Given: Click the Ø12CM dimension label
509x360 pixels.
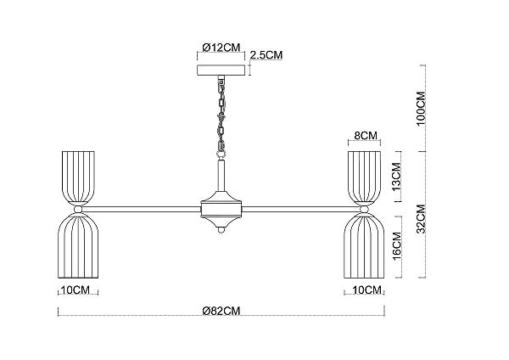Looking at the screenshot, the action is click(x=221, y=48).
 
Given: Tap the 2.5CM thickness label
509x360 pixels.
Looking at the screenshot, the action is click(x=266, y=55).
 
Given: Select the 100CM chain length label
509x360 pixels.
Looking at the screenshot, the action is click(x=421, y=108).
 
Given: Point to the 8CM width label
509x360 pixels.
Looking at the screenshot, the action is click(x=366, y=136).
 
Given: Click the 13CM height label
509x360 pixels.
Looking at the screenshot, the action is click(x=397, y=177).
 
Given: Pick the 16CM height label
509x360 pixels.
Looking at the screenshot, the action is click(x=397, y=246).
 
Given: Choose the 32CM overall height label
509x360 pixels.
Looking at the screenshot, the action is click(x=421, y=219).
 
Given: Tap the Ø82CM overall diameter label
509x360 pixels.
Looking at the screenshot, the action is click(x=221, y=311).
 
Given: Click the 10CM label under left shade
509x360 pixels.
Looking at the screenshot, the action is click(x=75, y=290).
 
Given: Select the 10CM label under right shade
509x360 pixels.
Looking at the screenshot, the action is click(x=366, y=290).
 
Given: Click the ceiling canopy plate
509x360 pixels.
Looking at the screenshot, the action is click(x=221, y=70).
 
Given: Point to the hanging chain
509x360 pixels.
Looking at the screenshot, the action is click(x=221, y=114).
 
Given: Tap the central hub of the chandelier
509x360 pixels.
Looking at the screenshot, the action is click(x=221, y=209).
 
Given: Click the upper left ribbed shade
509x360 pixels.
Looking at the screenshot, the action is click(x=78, y=178).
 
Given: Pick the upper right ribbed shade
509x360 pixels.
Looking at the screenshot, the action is click(x=364, y=178).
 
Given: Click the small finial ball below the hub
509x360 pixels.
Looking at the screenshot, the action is click(x=221, y=230).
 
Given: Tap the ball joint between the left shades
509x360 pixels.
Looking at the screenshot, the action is click(x=78, y=209).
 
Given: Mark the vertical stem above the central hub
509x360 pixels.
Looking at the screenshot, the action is click(x=221, y=175).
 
